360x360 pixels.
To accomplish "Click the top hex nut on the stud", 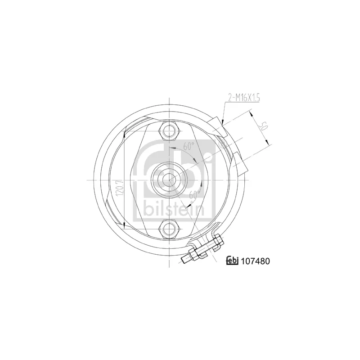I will coord(170,131).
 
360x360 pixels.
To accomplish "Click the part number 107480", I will coord(255,261).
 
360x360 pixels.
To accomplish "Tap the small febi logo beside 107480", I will coord(232,261).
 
